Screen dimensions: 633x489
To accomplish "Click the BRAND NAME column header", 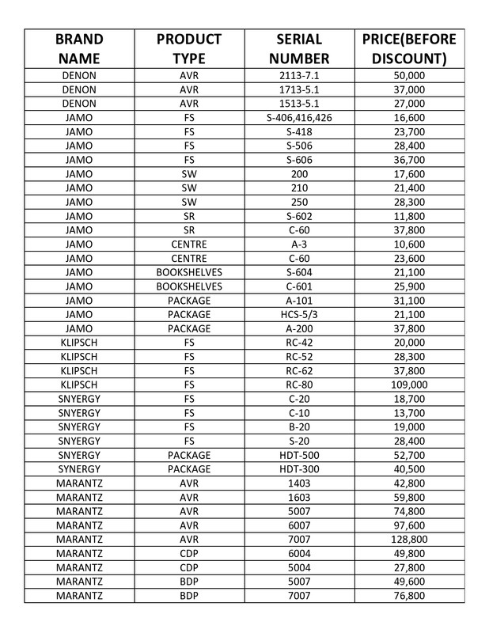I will [x=78, y=49].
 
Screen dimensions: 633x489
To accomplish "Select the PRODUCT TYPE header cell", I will [x=188, y=49].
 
